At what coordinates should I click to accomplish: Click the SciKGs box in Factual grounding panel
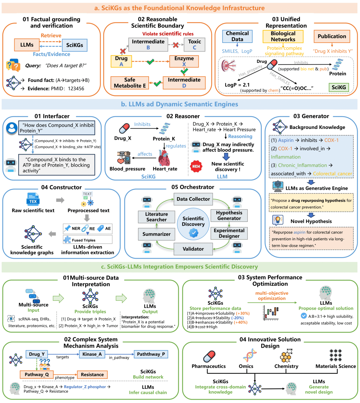[x=74, y=45]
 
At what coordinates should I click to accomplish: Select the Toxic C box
[x=194, y=44]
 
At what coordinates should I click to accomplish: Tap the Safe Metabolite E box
[x=130, y=83]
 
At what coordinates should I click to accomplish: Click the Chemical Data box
[x=237, y=36]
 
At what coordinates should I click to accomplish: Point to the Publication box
[x=332, y=36]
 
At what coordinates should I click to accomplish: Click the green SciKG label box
[x=339, y=87]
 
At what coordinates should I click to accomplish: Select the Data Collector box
[x=193, y=199]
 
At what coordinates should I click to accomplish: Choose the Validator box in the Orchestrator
[x=193, y=249]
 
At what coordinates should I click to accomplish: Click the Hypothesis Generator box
[x=229, y=215]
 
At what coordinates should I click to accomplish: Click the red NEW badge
[x=196, y=166]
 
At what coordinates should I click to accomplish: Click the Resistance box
[x=92, y=375]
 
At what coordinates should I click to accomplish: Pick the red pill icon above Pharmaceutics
[x=209, y=356]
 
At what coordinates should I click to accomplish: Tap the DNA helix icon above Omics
[x=249, y=356]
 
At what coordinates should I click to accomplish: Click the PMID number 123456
[x=76, y=89]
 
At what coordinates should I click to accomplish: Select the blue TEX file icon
[x=33, y=200]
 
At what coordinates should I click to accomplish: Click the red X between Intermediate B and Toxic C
[x=176, y=45]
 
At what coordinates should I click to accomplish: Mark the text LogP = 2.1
[x=237, y=85]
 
